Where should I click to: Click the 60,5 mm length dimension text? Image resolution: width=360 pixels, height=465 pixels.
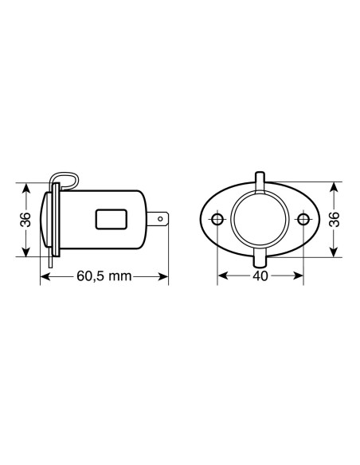[x=104, y=277]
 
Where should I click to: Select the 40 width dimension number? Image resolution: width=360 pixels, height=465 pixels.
[x=259, y=277]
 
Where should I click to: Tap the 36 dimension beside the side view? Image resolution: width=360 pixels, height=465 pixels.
[x=26, y=218]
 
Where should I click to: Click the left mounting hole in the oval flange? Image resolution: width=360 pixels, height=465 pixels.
[x=217, y=219]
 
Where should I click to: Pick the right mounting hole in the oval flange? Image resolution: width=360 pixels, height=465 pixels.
[x=302, y=219]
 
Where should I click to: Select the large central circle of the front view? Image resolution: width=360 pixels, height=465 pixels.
[x=260, y=219]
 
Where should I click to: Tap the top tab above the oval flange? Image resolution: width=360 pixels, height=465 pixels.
[x=260, y=177]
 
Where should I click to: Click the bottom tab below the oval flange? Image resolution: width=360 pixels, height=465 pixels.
[x=260, y=261]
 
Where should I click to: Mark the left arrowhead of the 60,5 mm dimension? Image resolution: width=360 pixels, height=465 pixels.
[x=44, y=277]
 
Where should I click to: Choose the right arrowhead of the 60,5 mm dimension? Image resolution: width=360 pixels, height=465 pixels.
[x=165, y=277]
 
